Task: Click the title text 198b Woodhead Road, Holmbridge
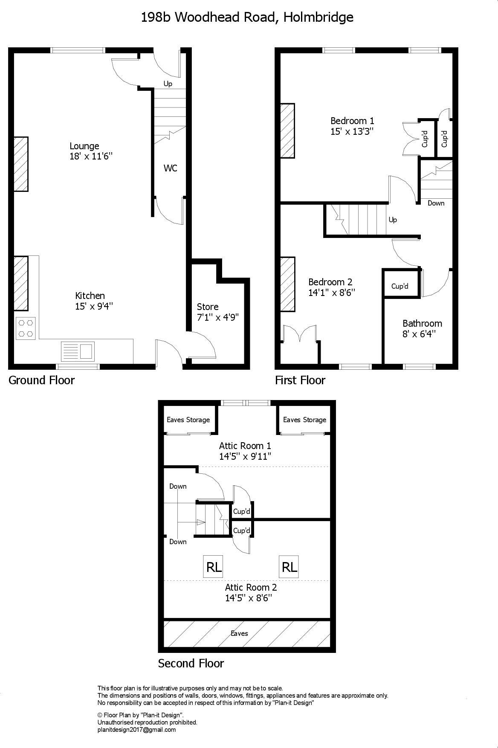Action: coord(247,17)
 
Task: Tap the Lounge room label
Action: coord(84,146)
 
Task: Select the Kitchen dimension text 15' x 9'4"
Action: coord(94,306)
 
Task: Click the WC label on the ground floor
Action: coord(170,168)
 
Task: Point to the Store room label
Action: coord(208,307)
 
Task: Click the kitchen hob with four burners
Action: coord(26,328)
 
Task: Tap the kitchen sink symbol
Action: coord(78,351)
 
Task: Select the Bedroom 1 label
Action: coord(352,121)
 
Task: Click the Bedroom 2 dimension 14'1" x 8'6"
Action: coord(332,293)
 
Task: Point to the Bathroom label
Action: coord(422,323)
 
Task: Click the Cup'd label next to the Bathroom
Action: coord(400,286)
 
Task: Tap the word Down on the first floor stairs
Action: coord(436,203)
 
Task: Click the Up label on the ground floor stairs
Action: coord(168,84)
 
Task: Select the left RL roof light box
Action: coord(214,567)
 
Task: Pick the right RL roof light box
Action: coord(289,567)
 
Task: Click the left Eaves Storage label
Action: coord(188,420)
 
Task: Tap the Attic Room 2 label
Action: coord(251,587)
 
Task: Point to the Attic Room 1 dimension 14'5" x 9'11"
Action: coord(245,456)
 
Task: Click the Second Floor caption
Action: coord(191,663)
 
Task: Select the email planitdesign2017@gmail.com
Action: coord(136,730)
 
